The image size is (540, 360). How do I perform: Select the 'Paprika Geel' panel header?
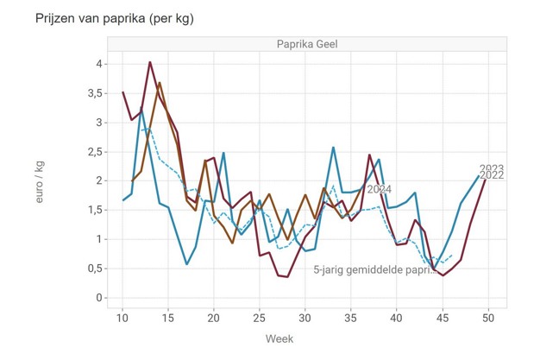(299, 45)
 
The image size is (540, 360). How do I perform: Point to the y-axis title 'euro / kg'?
(41, 181)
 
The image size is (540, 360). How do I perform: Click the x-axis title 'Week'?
(280, 339)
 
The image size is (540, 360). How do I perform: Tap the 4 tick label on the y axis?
(100, 64)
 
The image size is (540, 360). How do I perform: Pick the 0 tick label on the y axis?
(100, 298)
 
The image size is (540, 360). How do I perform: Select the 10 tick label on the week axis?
(122, 318)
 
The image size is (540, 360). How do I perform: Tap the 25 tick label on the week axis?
(260, 318)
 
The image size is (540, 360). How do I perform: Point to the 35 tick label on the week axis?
(351, 318)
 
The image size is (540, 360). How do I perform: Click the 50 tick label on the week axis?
(488, 318)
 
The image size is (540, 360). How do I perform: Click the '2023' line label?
(492, 168)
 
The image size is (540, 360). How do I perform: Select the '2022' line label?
(492, 176)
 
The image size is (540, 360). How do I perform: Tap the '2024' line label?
(380, 189)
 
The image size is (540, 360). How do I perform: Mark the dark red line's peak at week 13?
(150, 62)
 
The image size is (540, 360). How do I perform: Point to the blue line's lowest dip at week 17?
(187, 264)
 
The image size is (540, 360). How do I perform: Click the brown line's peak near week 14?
(160, 83)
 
